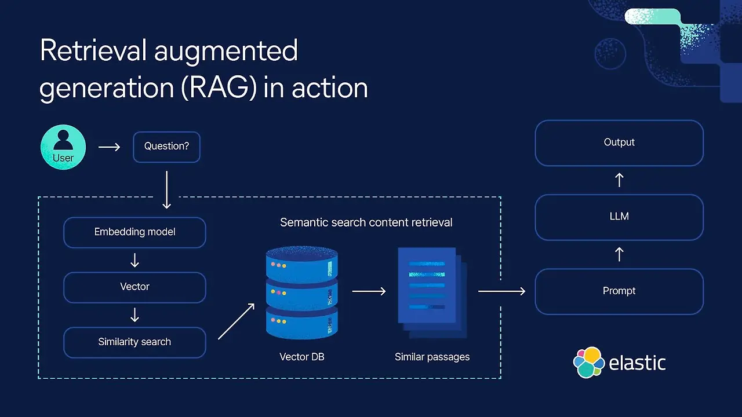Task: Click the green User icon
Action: tap(63, 147)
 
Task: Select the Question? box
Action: tap(166, 147)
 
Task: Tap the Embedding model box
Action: tap(134, 232)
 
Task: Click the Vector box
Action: tap(134, 287)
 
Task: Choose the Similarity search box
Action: tap(134, 342)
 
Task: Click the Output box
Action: tap(619, 142)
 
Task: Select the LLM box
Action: tap(619, 217)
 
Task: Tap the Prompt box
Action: tap(619, 291)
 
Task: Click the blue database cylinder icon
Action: tap(301, 292)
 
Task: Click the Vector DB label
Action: tap(301, 357)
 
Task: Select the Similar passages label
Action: tap(432, 357)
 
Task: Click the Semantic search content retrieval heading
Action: tap(366, 222)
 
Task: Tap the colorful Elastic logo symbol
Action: tap(588, 363)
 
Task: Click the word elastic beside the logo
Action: tap(637, 363)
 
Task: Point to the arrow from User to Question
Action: tap(109, 147)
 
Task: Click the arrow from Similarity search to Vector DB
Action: tap(236, 321)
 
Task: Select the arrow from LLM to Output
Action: tap(619, 180)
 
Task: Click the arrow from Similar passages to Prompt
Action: tap(501, 291)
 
